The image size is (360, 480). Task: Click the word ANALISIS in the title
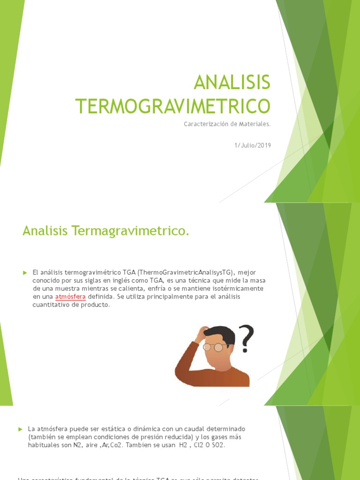[232, 83]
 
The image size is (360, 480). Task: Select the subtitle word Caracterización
[203, 124]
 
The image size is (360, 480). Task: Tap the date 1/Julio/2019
[253, 145]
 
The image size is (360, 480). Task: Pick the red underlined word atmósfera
[70, 297]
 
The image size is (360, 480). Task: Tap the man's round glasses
[213, 347]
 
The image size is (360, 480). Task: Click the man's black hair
[220, 334]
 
